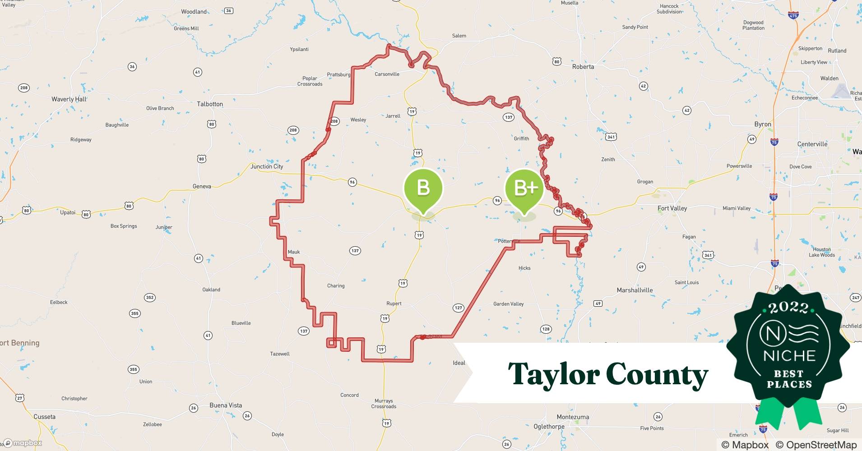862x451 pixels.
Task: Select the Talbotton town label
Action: pos(210,104)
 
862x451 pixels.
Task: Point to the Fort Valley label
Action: pos(672,208)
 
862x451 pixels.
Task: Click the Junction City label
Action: pos(267,166)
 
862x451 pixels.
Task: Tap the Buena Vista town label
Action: pos(226,405)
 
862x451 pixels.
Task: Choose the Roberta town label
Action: pos(583,67)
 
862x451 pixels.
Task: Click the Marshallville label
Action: pos(635,290)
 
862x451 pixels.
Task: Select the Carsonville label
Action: pos(387,74)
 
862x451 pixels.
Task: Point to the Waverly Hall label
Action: pos(69,99)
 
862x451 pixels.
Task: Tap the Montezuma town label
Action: pos(573,417)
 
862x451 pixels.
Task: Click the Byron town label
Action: pos(763,124)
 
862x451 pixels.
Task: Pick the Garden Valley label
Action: pos(508,304)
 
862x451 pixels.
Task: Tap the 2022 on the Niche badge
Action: pos(788,308)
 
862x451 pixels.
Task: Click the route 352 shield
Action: pos(149,298)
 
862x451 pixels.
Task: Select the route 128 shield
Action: pos(546,329)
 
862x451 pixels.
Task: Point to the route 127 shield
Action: pos(458,308)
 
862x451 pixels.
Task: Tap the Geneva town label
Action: pos(202,187)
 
